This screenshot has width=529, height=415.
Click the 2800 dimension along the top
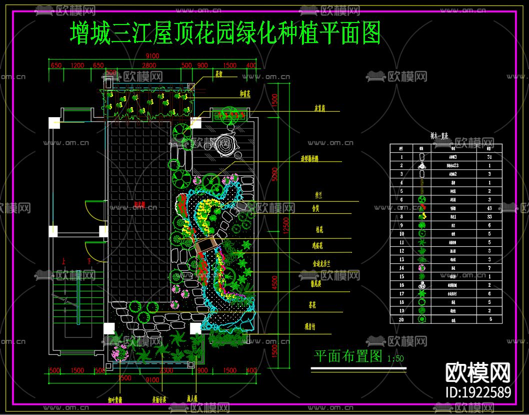[149, 66]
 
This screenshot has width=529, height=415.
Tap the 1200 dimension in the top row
[77, 66]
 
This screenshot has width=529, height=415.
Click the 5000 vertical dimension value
[273, 173]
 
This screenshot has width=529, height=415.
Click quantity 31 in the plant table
[488, 157]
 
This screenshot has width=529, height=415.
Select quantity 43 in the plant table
[488, 208]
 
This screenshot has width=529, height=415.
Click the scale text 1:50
[395, 358]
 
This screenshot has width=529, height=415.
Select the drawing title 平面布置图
[348, 356]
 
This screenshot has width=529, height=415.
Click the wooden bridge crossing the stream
[207, 245]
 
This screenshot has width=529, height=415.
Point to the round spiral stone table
[225, 145]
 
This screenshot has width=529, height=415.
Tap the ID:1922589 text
[477, 392]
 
